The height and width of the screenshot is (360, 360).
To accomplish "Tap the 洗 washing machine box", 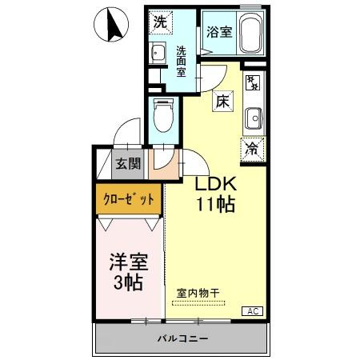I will pyautogui.click(x=161, y=23).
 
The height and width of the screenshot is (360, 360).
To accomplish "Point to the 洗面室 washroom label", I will pyautogui.click(x=182, y=61).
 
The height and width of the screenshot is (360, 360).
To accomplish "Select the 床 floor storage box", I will pyautogui.click(x=222, y=102).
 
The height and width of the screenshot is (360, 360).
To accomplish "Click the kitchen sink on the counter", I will pyautogui.click(x=253, y=117).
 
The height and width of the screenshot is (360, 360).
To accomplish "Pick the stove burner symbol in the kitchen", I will pyautogui.click(x=252, y=82).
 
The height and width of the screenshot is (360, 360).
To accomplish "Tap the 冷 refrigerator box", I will pyautogui.click(x=252, y=147).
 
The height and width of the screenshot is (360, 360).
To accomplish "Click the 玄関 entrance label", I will pyautogui.click(x=127, y=164).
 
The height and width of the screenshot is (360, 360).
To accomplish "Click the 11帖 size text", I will pyautogui.click(x=214, y=204).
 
